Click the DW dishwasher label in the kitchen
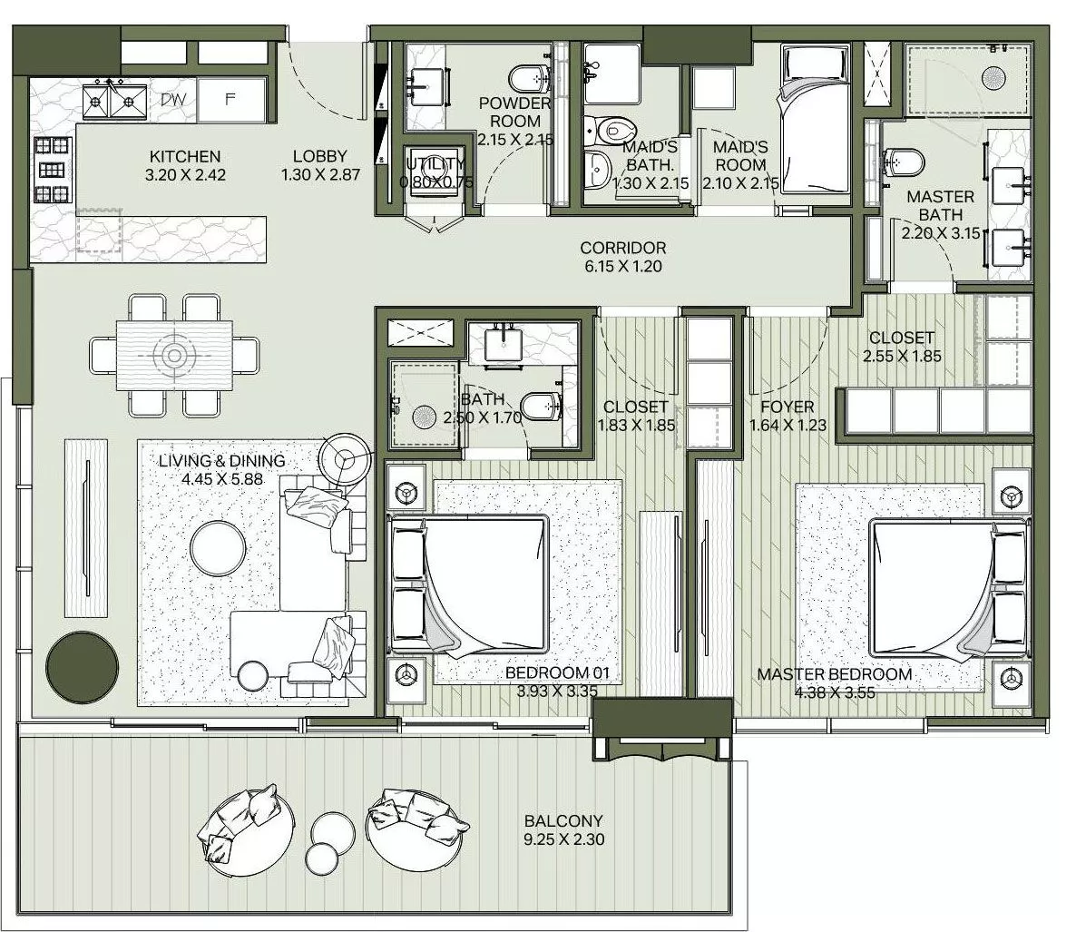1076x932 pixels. click(172, 100)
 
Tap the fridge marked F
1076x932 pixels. click(230, 100)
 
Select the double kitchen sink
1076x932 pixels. click(115, 100)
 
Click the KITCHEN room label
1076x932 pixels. click(185, 157)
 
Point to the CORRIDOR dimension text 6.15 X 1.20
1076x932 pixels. click(622, 267)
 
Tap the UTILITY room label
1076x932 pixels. click(435, 164)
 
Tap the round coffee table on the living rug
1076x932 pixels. click(217, 545)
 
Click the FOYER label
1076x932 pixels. click(787, 407)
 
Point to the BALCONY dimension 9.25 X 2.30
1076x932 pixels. click(563, 839)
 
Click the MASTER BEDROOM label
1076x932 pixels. click(834, 674)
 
